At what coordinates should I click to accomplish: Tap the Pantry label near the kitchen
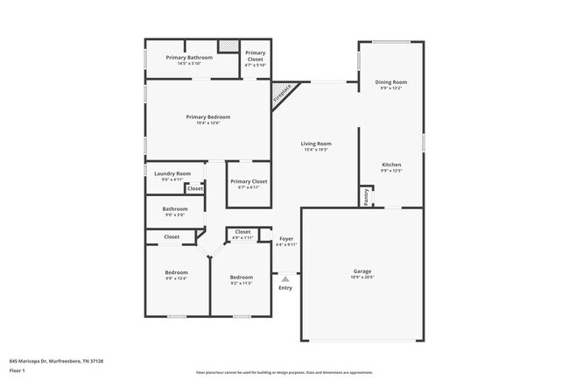tap(365, 197)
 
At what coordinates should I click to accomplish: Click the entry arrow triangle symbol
tap(285, 279)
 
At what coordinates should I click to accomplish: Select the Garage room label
tap(362, 272)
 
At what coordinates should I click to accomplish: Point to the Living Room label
tap(316, 144)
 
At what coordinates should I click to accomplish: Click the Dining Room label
tap(391, 82)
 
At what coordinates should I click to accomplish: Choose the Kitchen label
tap(391, 164)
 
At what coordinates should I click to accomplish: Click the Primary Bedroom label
tap(207, 116)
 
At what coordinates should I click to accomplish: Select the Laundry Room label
tap(172, 173)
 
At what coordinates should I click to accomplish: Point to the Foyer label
tap(286, 239)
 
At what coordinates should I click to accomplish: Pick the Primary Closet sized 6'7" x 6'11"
tap(249, 181)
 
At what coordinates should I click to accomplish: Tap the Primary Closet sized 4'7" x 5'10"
tap(255, 58)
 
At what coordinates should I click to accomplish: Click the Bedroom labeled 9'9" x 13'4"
tap(176, 272)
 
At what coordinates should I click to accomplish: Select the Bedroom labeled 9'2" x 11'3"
tap(241, 277)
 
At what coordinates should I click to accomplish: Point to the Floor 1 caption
tap(18, 370)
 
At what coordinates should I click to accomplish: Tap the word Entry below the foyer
tap(285, 288)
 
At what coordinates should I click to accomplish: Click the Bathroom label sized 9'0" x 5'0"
tap(174, 208)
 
